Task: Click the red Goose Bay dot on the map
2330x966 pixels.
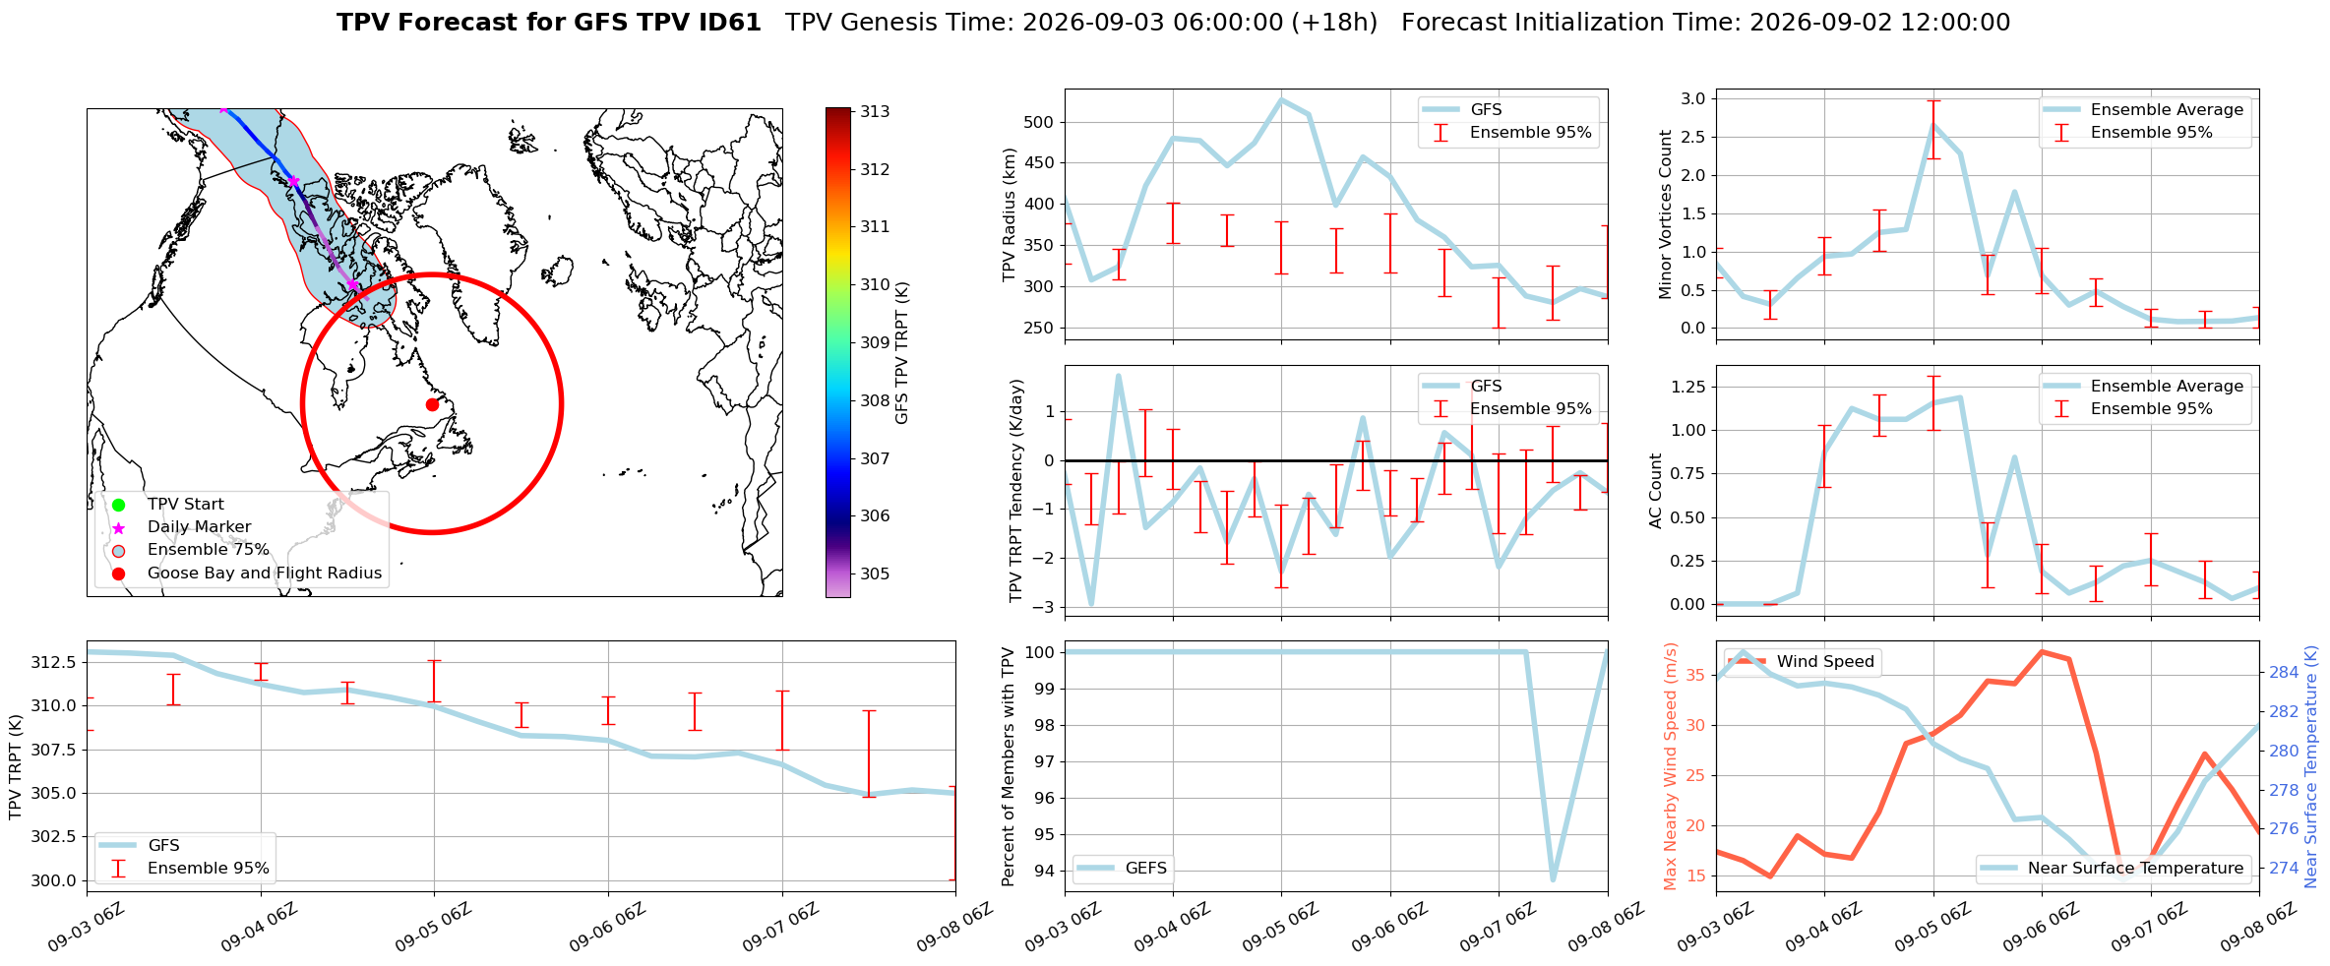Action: coord(432,404)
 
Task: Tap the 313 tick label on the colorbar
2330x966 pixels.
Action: coord(875,111)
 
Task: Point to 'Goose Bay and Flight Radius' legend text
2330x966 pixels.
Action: coord(265,574)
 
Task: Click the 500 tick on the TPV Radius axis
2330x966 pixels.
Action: coord(1040,122)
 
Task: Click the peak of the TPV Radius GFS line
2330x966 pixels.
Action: coord(1281,98)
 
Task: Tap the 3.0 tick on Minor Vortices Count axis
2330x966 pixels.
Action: coord(1693,98)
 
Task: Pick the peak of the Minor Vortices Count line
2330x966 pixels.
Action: coord(1933,125)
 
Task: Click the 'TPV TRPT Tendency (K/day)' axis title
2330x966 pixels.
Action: coord(1016,491)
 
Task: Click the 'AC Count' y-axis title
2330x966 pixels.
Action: coord(1656,491)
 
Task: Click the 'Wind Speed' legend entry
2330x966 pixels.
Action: coord(1803,662)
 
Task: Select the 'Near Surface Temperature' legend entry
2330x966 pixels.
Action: coord(2113,868)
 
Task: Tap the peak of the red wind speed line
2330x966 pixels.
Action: coord(2042,651)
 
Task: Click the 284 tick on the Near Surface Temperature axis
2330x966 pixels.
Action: coord(2284,673)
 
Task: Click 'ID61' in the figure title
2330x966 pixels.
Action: coord(727,23)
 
